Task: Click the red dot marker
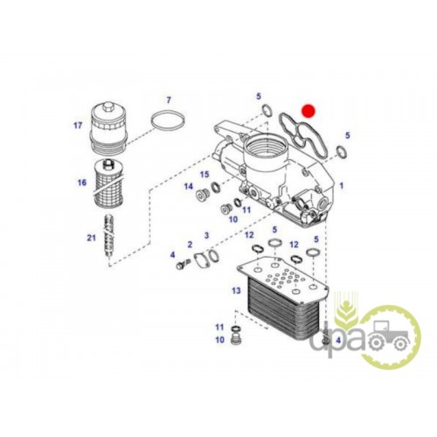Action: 309,111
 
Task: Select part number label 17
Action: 78,126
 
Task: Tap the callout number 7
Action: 169,101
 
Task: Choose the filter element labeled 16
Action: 108,184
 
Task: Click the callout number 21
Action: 91,238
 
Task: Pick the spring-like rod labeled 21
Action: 110,236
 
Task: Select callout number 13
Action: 236,290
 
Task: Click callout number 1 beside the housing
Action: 342,185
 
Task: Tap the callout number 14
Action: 189,186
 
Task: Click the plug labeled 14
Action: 201,194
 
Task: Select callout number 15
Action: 205,175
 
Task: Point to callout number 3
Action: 206,235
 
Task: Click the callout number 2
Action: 190,244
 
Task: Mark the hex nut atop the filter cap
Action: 108,106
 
